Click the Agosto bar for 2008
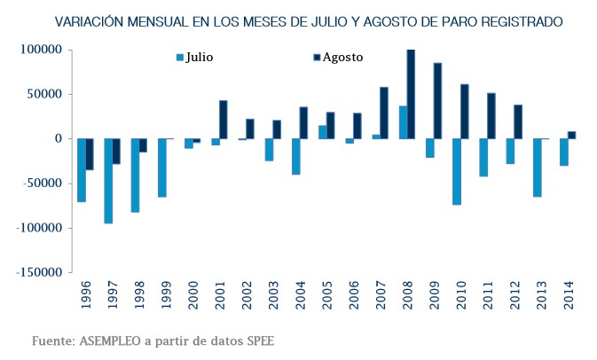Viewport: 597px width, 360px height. point(411,94)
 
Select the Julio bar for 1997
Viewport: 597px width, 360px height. point(108,181)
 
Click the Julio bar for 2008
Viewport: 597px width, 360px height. point(403,122)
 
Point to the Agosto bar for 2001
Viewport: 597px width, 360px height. point(224,120)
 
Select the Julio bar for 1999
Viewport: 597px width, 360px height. point(162,168)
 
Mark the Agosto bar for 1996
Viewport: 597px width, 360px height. point(90,154)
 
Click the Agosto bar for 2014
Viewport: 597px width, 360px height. point(571,135)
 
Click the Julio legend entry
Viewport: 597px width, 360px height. point(199,58)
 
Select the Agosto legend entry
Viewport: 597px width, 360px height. point(342,58)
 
